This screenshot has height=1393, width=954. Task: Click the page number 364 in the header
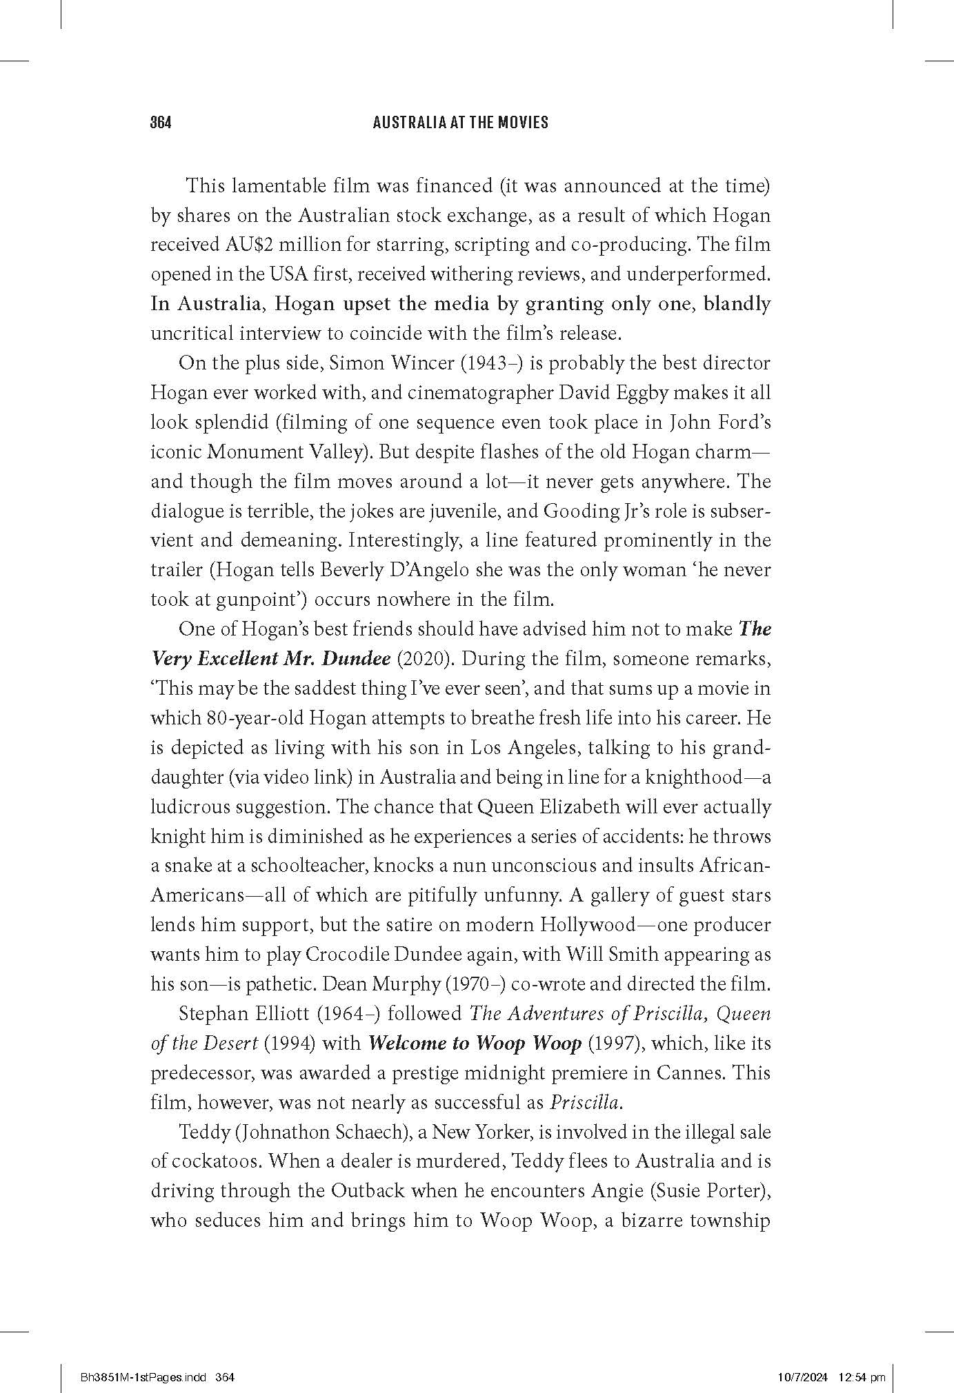(160, 123)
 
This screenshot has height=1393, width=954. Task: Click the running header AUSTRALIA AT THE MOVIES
(460, 123)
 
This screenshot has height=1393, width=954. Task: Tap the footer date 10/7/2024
(801, 1358)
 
